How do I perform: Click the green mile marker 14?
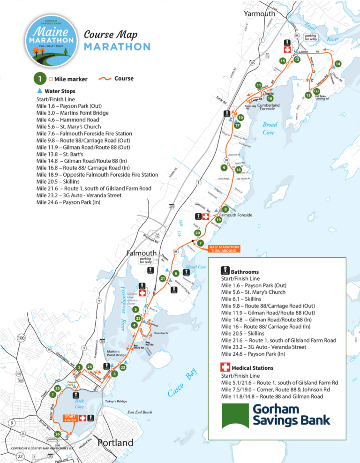pyautogui.click(x=337, y=64)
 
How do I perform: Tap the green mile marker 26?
pyautogui.click(x=57, y=434)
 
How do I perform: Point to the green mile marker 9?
pyautogui.click(x=225, y=168)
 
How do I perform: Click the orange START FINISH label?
pyautogui.click(x=70, y=418)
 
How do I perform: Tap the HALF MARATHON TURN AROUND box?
pyautogui.click(x=225, y=249)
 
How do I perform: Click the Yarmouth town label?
pyautogui.click(x=259, y=14)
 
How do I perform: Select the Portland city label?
pyautogui.click(x=115, y=443)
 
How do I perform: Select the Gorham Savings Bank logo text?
pyautogui.click(x=291, y=414)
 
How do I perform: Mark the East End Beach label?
pyautogui.click(x=140, y=412)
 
